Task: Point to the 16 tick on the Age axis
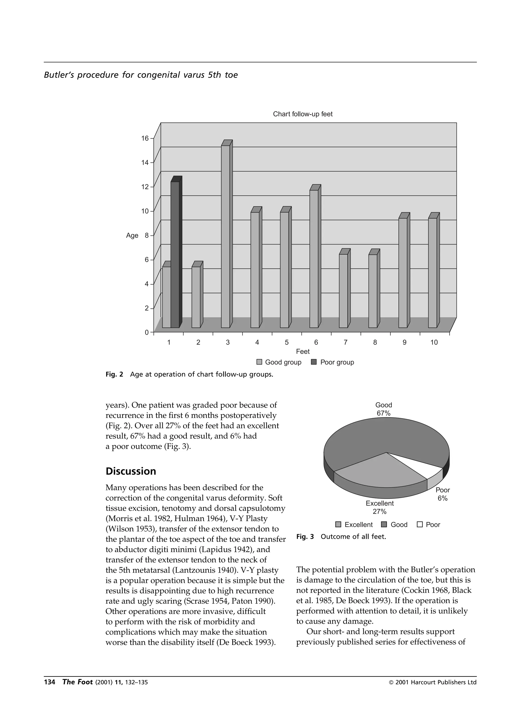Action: click(x=145, y=138)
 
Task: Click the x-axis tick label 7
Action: click(x=346, y=342)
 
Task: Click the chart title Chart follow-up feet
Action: click(x=303, y=114)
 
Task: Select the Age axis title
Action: click(x=132, y=236)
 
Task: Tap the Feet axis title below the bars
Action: click(x=303, y=351)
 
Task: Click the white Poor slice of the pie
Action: click(x=420, y=465)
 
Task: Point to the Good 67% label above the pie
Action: click(x=383, y=409)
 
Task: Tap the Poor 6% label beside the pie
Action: click(x=443, y=494)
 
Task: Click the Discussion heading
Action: click(x=131, y=471)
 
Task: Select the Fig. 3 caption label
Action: click(x=305, y=537)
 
